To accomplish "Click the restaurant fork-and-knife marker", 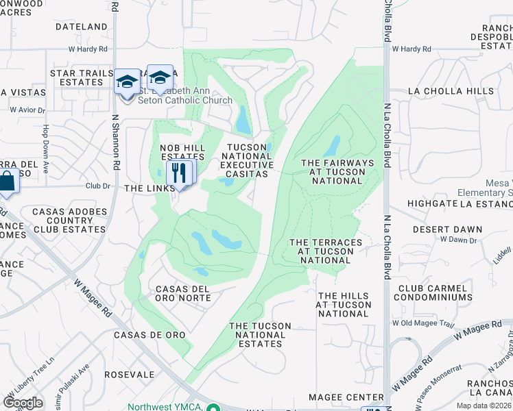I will [x=180, y=172].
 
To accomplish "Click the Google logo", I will [x=23, y=403].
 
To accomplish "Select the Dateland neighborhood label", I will [x=82, y=27].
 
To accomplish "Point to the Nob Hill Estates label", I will [x=174, y=152].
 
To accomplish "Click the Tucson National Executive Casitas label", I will [x=247, y=160].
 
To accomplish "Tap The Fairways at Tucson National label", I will [x=337, y=172].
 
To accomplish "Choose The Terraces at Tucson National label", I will [x=326, y=251].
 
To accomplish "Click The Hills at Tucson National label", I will [x=344, y=305].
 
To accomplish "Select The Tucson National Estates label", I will [x=260, y=335].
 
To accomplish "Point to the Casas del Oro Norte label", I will [x=183, y=293].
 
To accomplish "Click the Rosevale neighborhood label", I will [x=130, y=375].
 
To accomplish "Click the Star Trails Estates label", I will [x=76, y=77].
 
